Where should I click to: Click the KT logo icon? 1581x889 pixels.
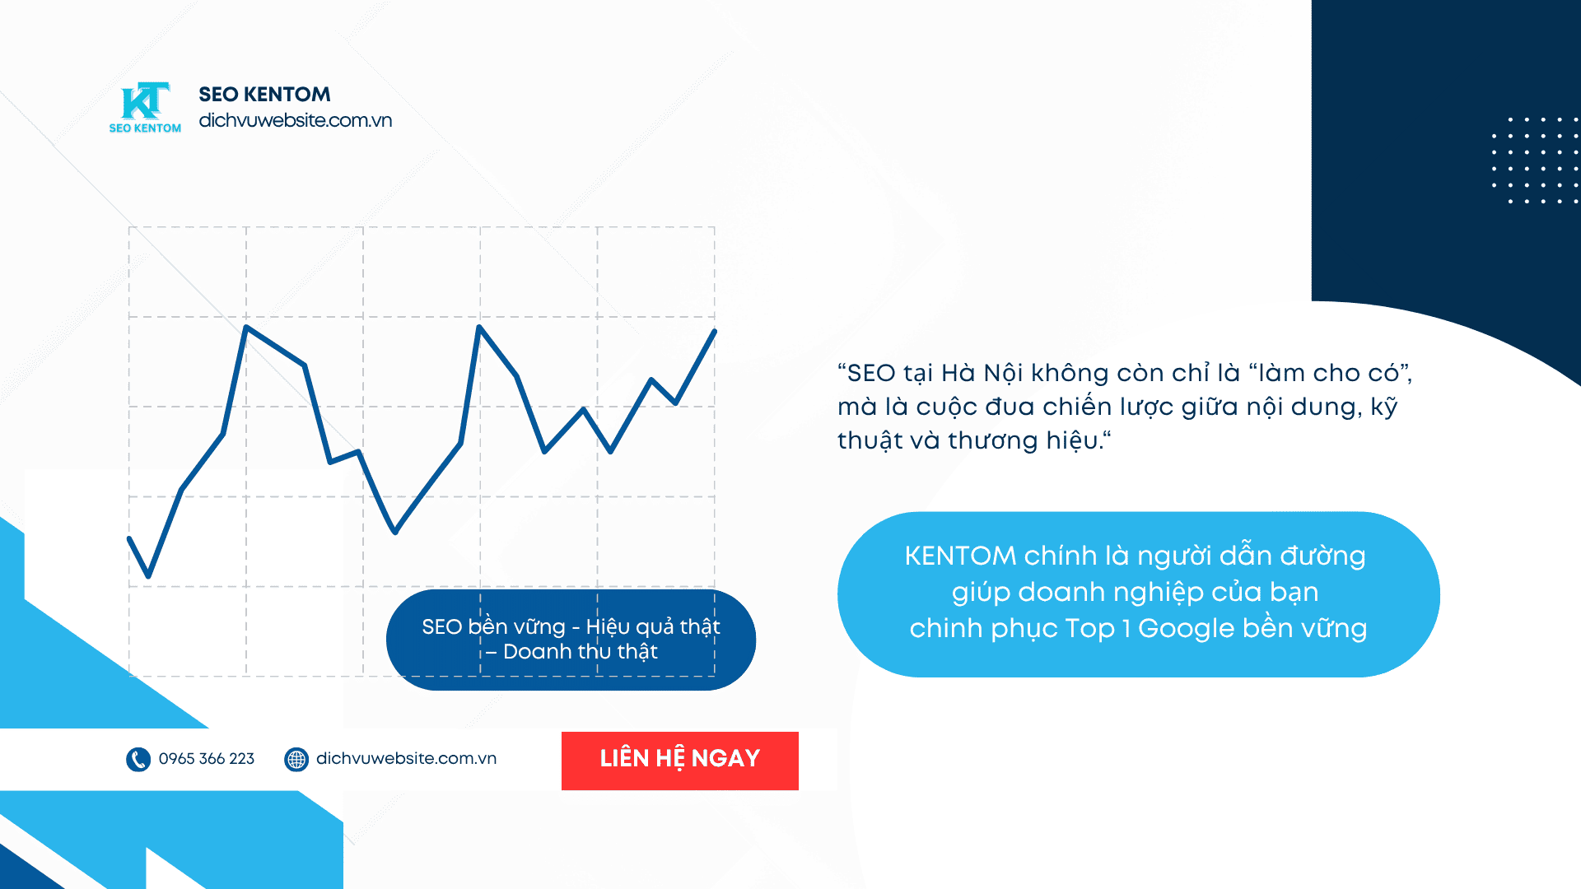point(146,101)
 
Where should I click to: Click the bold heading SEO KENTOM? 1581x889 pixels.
point(264,95)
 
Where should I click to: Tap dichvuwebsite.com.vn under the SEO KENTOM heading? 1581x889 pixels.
point(296,120)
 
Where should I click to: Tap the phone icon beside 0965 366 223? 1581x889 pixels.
point(138,759)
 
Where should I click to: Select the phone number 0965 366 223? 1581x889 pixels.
point(207,759)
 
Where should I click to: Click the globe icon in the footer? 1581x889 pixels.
point(296,759)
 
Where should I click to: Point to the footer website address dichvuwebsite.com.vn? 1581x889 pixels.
point(407,759)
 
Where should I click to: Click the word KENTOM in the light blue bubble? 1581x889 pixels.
point(960,556)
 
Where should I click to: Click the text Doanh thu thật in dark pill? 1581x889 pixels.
point(581,652)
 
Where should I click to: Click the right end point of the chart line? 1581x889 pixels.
point(714,331)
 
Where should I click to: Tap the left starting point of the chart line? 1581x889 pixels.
point(129,538)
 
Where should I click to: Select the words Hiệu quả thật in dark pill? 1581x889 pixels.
point(653,627)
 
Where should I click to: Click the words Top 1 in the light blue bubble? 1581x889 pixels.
point(1098,629)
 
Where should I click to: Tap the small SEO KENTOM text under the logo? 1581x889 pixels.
point(145,128)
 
